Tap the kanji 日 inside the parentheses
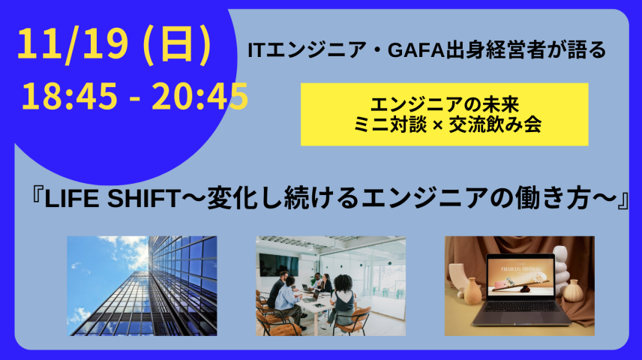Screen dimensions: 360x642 [178, 46]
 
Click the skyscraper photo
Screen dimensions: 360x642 [142, 286]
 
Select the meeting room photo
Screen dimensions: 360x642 [331, 286]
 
